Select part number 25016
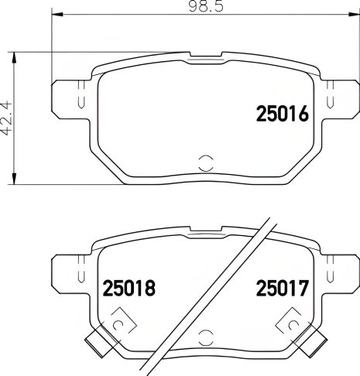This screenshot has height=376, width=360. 283,115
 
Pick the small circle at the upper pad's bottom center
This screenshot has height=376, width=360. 205,163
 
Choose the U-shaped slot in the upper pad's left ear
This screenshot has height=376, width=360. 81,98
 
